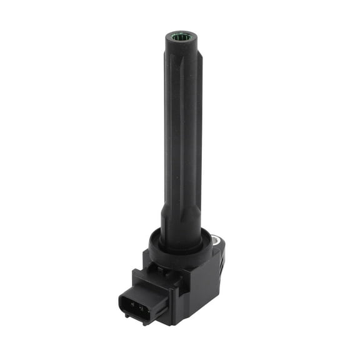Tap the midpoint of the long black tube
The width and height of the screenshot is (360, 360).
(182, 131)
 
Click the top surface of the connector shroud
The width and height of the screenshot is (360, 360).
(149, 282)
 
